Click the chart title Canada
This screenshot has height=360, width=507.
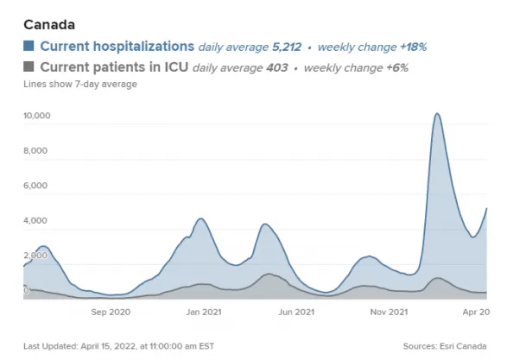click(49, 24)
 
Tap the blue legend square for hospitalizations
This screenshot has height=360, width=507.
click(29, 46)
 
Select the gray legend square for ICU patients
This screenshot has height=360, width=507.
click(29, 66)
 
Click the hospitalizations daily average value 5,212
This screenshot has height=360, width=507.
click(287, 47)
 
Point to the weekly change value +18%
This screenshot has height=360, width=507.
click(414, 47)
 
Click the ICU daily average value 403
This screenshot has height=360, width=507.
click(277, 68)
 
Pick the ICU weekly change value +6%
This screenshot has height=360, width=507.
click(397, 68)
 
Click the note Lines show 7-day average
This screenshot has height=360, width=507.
click(80, 84)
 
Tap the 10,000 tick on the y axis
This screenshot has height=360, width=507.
click(37, 116)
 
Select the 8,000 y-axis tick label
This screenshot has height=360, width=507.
click(35, 150)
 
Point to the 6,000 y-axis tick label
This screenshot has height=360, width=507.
click(35, 186)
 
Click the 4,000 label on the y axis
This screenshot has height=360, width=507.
click(35, 220)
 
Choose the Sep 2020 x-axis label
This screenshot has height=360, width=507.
click(111, 312)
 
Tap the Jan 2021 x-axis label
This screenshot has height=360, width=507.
click(204, 312)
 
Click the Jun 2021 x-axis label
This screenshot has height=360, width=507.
click(296, 312)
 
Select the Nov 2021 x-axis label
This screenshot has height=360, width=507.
click(389, 312)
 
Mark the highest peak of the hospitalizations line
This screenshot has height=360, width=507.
click(437, 113)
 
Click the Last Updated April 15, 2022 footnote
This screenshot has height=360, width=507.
click(118, 346)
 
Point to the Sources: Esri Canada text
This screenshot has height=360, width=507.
click(445, 346)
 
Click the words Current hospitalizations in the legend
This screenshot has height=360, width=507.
click(117, 47)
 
